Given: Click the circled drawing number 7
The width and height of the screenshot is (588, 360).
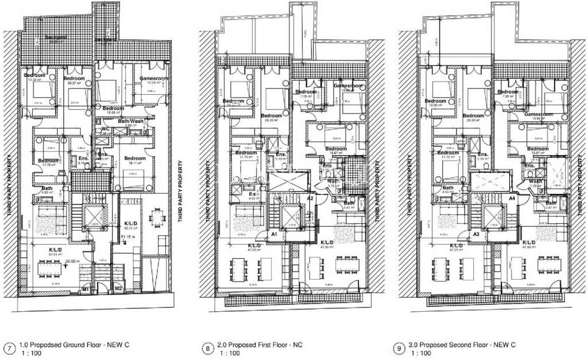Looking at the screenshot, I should (x=9, y=349).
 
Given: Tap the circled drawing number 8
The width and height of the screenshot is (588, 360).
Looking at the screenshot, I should (x=207, y=349).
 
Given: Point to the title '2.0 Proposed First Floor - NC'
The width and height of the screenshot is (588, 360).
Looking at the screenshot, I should (x=258, y=344).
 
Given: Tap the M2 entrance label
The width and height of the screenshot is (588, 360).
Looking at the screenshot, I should (x=118, y=288).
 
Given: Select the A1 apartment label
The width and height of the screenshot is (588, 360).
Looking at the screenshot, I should (x=274, y=234).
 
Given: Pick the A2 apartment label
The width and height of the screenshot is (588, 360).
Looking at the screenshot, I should (x=310, y=198).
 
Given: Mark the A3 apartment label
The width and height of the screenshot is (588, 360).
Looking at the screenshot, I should (x=476, y=234).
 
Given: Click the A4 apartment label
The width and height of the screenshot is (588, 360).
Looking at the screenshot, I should (x=512, y=198).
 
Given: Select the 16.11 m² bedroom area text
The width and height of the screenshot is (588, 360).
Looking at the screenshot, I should (x=136, y=163).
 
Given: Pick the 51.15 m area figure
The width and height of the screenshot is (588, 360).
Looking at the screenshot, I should (x=128, y=236).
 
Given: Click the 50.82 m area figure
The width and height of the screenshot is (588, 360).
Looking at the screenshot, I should (x=72, y=261).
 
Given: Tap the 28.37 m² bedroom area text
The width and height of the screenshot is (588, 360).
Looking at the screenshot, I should (x=74, y=83).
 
